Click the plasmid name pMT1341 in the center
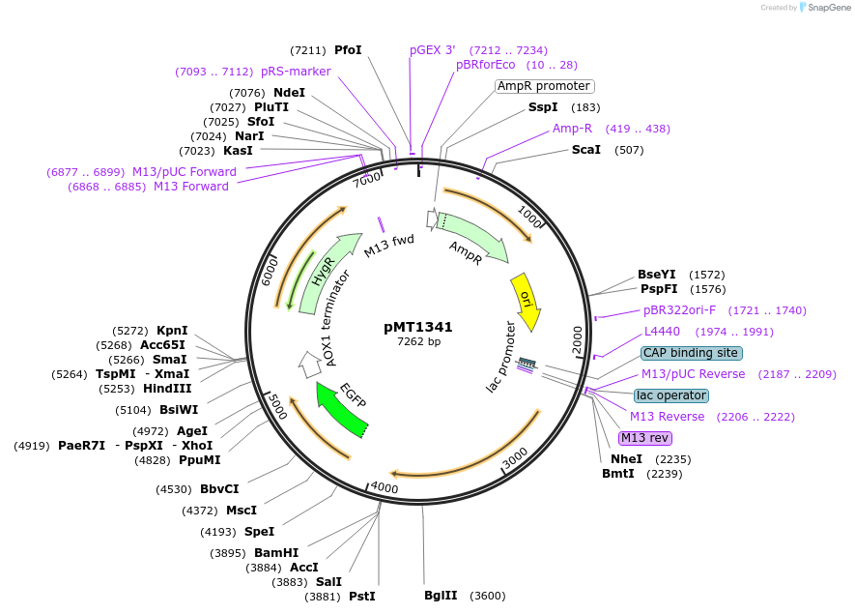coord(418,327)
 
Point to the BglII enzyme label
coord(440,596)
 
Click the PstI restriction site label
coord(361,597)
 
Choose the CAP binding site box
coord(691,353)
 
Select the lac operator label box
coord(670,395)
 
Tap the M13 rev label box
coord(644,438)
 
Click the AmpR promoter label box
coord(543,86)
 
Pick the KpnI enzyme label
coord(172,330)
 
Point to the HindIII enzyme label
coord(168,388)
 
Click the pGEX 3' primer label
coord(432,49)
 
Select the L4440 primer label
coord(662,332)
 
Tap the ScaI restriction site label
coord(586,150)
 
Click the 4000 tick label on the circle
coord(384,487)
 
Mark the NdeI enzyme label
coord(289,93)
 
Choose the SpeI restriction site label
coord(259,532)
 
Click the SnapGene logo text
coord(822,8)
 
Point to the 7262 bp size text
coord(418,341)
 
